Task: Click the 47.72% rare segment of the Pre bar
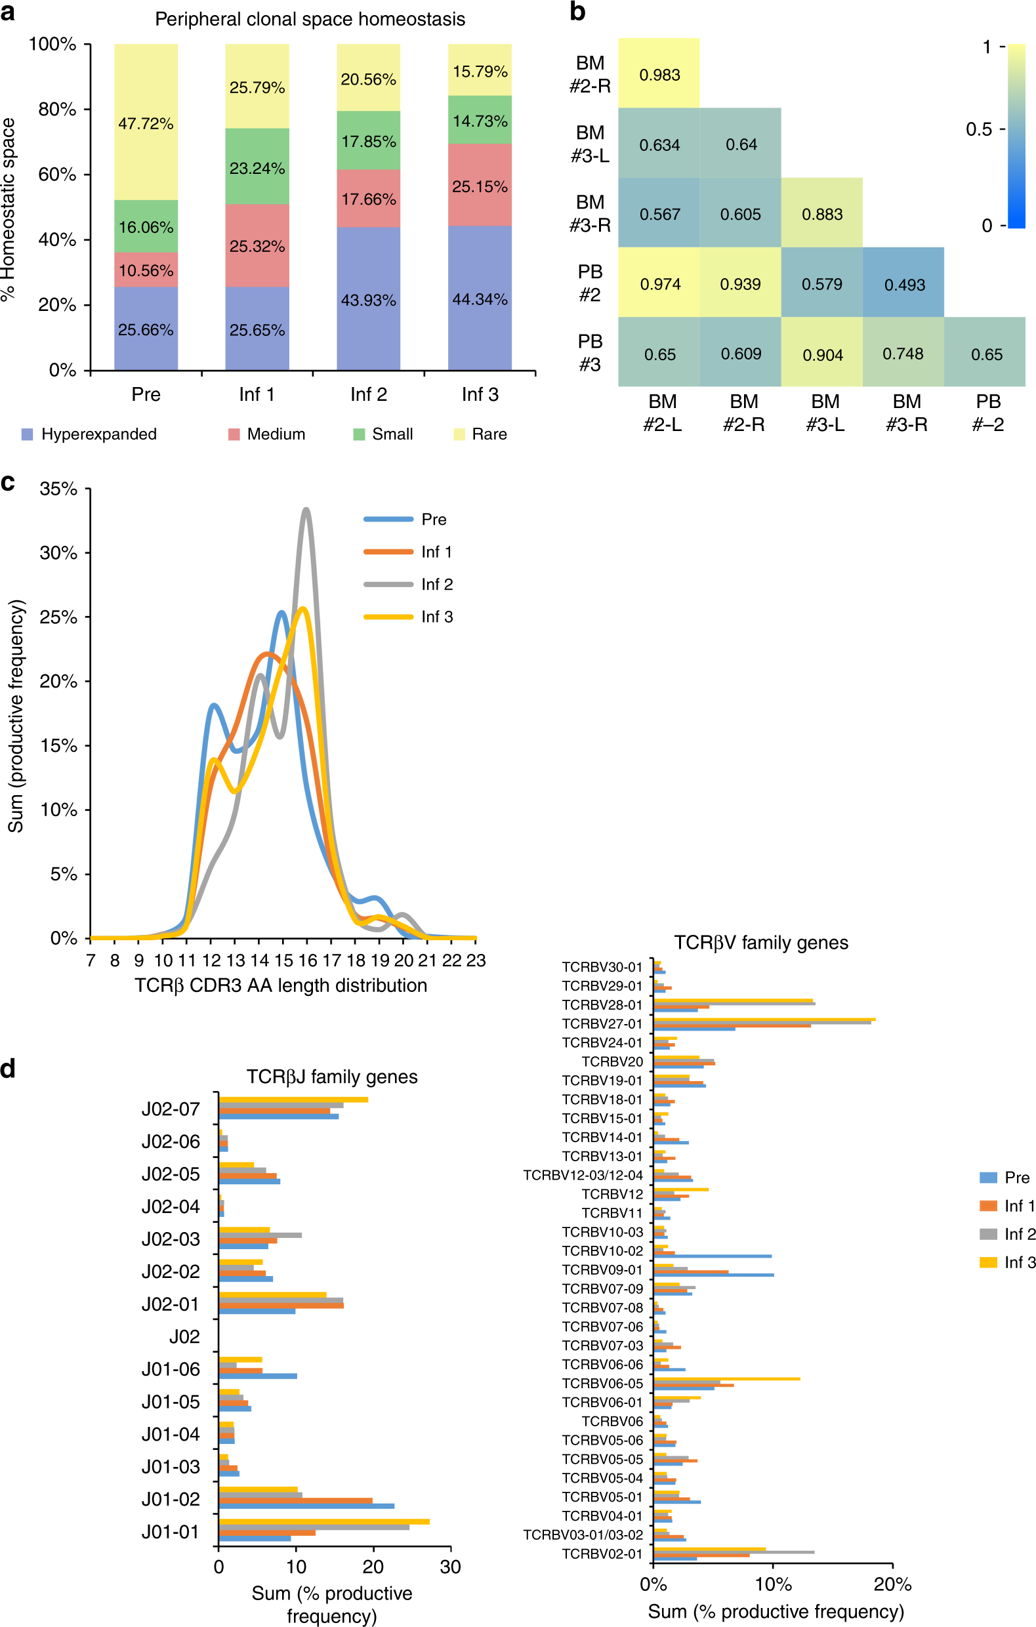click(146, 122)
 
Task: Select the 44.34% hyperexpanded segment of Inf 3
click(480, 298)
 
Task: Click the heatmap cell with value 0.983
click(659, 73)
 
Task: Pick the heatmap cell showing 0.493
click(903, 283)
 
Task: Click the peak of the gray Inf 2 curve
click(307, 510)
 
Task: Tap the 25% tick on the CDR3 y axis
click(59, 617)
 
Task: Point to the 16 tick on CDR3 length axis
click(308, 960)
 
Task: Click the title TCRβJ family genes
click(332, 1077)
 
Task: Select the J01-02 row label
click(171, 1498)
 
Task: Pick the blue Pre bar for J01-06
click(257, 1376)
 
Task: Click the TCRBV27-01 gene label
click(602, 1023)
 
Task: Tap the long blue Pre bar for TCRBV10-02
click(713, 1256)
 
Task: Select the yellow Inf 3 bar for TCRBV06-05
click(726, 1378)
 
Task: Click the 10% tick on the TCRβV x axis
click(772, 1584)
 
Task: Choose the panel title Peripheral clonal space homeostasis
click(310, 19)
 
